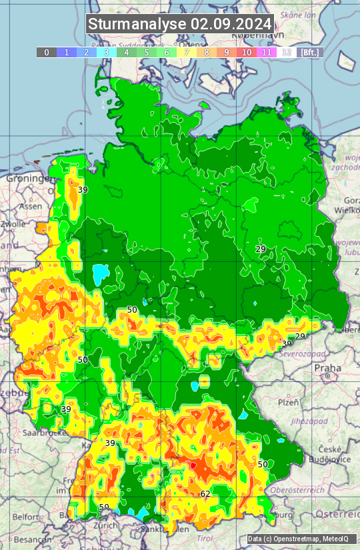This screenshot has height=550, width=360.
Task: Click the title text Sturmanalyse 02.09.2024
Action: (x=180, y=24)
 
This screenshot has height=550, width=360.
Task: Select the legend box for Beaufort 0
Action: (x=46, y=52)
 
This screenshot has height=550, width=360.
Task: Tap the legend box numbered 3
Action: (x=106, y=52)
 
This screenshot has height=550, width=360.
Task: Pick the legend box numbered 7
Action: (x=186, y=52)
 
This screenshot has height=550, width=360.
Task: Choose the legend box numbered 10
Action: (x=247, y=52)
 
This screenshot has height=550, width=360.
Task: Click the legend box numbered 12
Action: (x=286, y=52)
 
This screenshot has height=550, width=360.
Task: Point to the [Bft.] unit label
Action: (x=309, y=52)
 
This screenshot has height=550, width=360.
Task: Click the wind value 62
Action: (x=205, y=494)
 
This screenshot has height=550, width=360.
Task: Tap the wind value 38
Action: (x=287, y=343)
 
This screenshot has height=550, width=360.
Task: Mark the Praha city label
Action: (x=327, y=367)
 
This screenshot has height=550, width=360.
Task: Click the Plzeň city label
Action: (x=287, y=403)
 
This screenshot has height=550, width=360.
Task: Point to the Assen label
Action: (x=31, y=207)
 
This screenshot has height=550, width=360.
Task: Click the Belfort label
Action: (x=25, y=517)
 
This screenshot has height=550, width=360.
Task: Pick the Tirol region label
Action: (x=204, y=537)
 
